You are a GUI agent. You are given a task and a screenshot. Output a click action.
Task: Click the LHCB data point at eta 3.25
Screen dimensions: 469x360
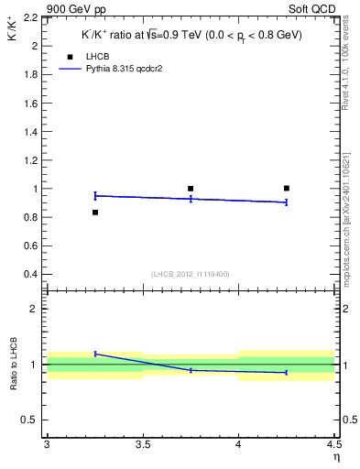[94, 213]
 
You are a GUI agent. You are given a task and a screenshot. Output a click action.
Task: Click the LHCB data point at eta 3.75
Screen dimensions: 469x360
[191, 189]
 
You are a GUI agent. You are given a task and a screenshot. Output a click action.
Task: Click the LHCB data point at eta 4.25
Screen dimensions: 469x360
[287, 188]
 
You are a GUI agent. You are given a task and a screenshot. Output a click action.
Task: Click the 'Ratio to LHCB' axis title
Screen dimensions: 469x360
[14, 365]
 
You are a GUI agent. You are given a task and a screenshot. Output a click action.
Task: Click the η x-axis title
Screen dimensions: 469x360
[335, 455]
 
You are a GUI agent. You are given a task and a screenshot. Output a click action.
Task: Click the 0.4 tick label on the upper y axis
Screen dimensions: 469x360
[31, 275]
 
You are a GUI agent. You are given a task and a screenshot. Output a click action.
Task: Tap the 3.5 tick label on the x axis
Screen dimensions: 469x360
[142, 444]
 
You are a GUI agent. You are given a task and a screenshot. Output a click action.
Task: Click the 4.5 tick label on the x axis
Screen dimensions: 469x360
[333, 444]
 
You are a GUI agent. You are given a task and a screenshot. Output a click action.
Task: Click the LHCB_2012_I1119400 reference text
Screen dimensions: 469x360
[190, 274]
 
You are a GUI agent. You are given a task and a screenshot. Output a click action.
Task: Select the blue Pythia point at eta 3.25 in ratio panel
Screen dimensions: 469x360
[94, 353]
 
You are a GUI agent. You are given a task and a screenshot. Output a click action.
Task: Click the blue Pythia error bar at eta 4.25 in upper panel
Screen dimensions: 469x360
[287, 202]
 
